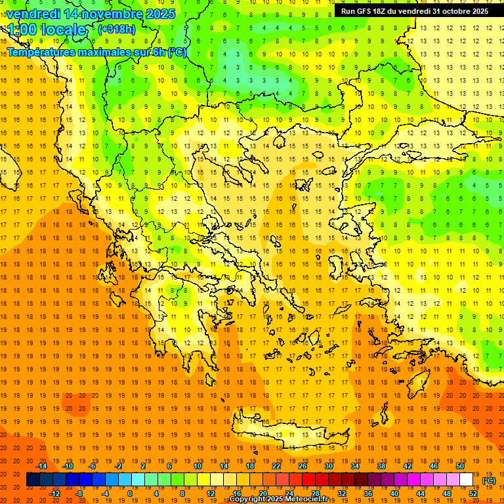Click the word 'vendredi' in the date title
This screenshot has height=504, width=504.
click(x=35, y=14)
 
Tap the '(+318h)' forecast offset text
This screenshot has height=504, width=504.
click(x=118, y=30)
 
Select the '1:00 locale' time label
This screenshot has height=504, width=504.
click(x=47, y=30)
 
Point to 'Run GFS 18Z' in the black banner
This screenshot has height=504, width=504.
click(x=365, y=11)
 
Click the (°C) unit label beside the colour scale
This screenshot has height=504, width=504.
click(x=489, y=481)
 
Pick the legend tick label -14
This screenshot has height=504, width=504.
click(x=41, y=466)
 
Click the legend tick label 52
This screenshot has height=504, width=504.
click(x=473, y=493)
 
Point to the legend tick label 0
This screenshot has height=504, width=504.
click(x=130, y=493)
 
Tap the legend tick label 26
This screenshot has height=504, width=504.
click(x=303, y=466)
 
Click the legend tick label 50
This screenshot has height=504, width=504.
click(x=460, y=466)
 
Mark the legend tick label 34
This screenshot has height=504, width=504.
click(x=355, y=466)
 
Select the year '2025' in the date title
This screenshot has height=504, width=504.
click(x=161, y=14)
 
